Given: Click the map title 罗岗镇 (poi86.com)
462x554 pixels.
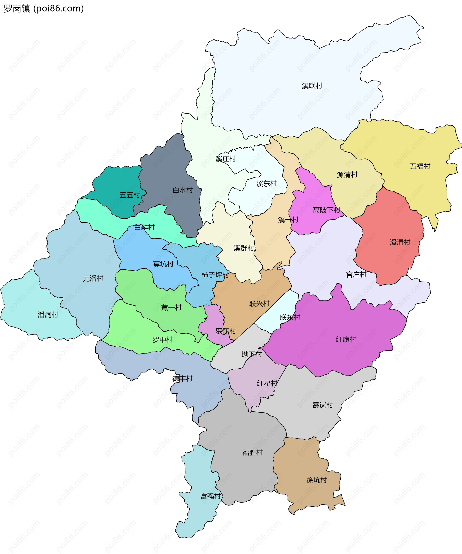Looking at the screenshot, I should pyautogui.click(x=44, y=8).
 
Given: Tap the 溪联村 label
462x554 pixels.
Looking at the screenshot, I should pyautogui.click(x=312, y=86).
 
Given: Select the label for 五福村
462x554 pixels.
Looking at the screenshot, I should pyautogui.click(x=420, y=166).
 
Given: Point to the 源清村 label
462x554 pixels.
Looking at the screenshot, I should pyautogui.click(x=347, y=175).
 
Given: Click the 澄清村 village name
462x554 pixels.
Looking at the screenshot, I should pyautogui.click(x=400, y=242).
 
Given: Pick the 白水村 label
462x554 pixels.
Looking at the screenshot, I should pyautogui.click(x=183, y=190).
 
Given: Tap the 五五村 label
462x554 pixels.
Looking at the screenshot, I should pyautogui.click(x=130, y=195).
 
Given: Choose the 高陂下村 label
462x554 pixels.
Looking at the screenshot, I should pyautogui.click(x=327, y=210).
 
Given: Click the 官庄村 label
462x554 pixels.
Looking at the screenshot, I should pyautogui.click(x=356, y=275).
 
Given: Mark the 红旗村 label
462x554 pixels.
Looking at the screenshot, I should pyautogui.click(x=346, y=339).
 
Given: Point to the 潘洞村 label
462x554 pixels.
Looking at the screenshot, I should pyautogui.click(x=48, y=315).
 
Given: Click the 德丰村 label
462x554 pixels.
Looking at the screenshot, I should pyautogui.click(x=183, y=378).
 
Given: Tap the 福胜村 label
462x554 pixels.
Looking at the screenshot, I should pyautogui.click(x=253, y=453).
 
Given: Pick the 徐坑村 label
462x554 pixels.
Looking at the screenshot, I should pyautogui.click(x=316, y=480).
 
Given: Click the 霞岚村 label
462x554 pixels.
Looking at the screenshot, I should pyautogui.click(x=323, y=405).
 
